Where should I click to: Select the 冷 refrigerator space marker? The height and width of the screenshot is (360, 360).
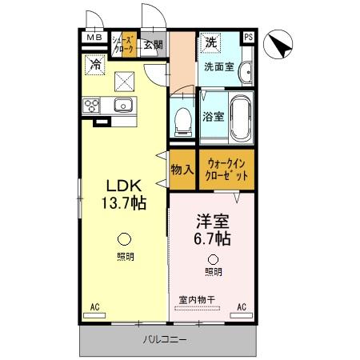pos(95,63)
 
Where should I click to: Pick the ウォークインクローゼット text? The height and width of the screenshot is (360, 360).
pos(226,169)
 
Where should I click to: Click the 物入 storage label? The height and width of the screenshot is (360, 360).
pos(182,170)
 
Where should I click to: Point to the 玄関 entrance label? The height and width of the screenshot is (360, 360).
pos(153,44)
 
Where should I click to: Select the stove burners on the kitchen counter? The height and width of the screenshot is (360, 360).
pos(90,106)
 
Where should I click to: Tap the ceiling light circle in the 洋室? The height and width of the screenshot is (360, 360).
pos(213,258)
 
